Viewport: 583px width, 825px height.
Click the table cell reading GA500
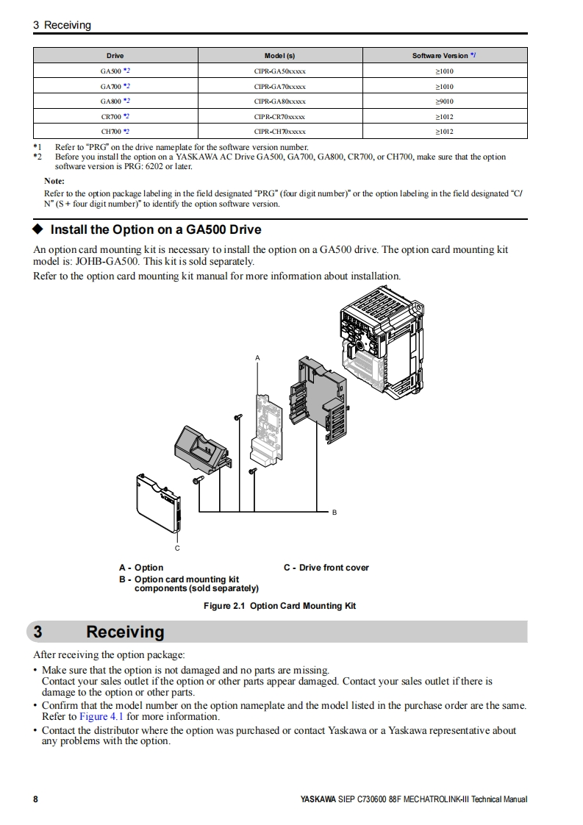pyautogui.click(x=115, y=71)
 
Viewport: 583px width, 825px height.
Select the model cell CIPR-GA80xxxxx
pyautogui.click(x=279, y=101)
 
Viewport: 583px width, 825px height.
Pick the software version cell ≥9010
pyautogui.click(x=444, y=101)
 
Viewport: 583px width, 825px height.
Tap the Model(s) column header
pyautogui.click(x=279, y=56)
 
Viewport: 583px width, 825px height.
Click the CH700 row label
pyautogui.click(x=115, y=132)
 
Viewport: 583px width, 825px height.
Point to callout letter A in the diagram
pyautogui.click(x=257, y=358)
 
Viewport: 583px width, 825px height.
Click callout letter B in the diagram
pyautogui.click(x=335, y=512)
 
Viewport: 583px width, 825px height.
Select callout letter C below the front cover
pyautogui.click(x=177, y=549)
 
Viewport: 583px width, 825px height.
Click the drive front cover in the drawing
pyautogui.click(x=157, y=504)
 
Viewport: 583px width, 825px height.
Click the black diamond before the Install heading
pyautogui.click(x=40, y=229)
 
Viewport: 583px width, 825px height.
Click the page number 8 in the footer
pyautogui.click(x=35, y=799)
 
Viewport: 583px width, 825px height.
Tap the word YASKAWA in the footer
pyautogui.click(x=318, y=799)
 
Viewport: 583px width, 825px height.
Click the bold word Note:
pyautogui.click(x=54, y=181)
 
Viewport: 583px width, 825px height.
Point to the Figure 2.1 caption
pyautogui.click(x=279, y=606)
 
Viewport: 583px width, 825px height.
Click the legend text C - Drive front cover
pyautogui.click(x=326, y=568)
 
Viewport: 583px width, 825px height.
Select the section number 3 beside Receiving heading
pyautogui.click(x=38, y=632)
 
